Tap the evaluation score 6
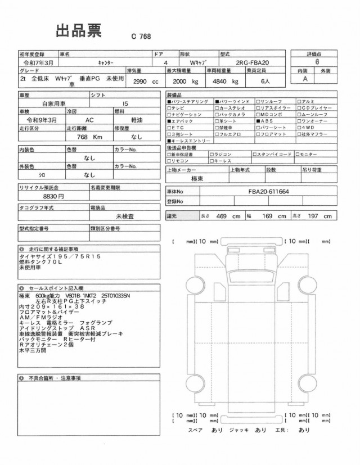pyautogui.click(x=317, y=63)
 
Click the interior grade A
pyautogui.click(x=306, y=80)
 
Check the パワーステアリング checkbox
pyautogui.click(x=169, y=101)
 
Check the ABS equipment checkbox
pyautogui.click(x=258, y=121)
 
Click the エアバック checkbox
pyautogui.click(x=169, y=121)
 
